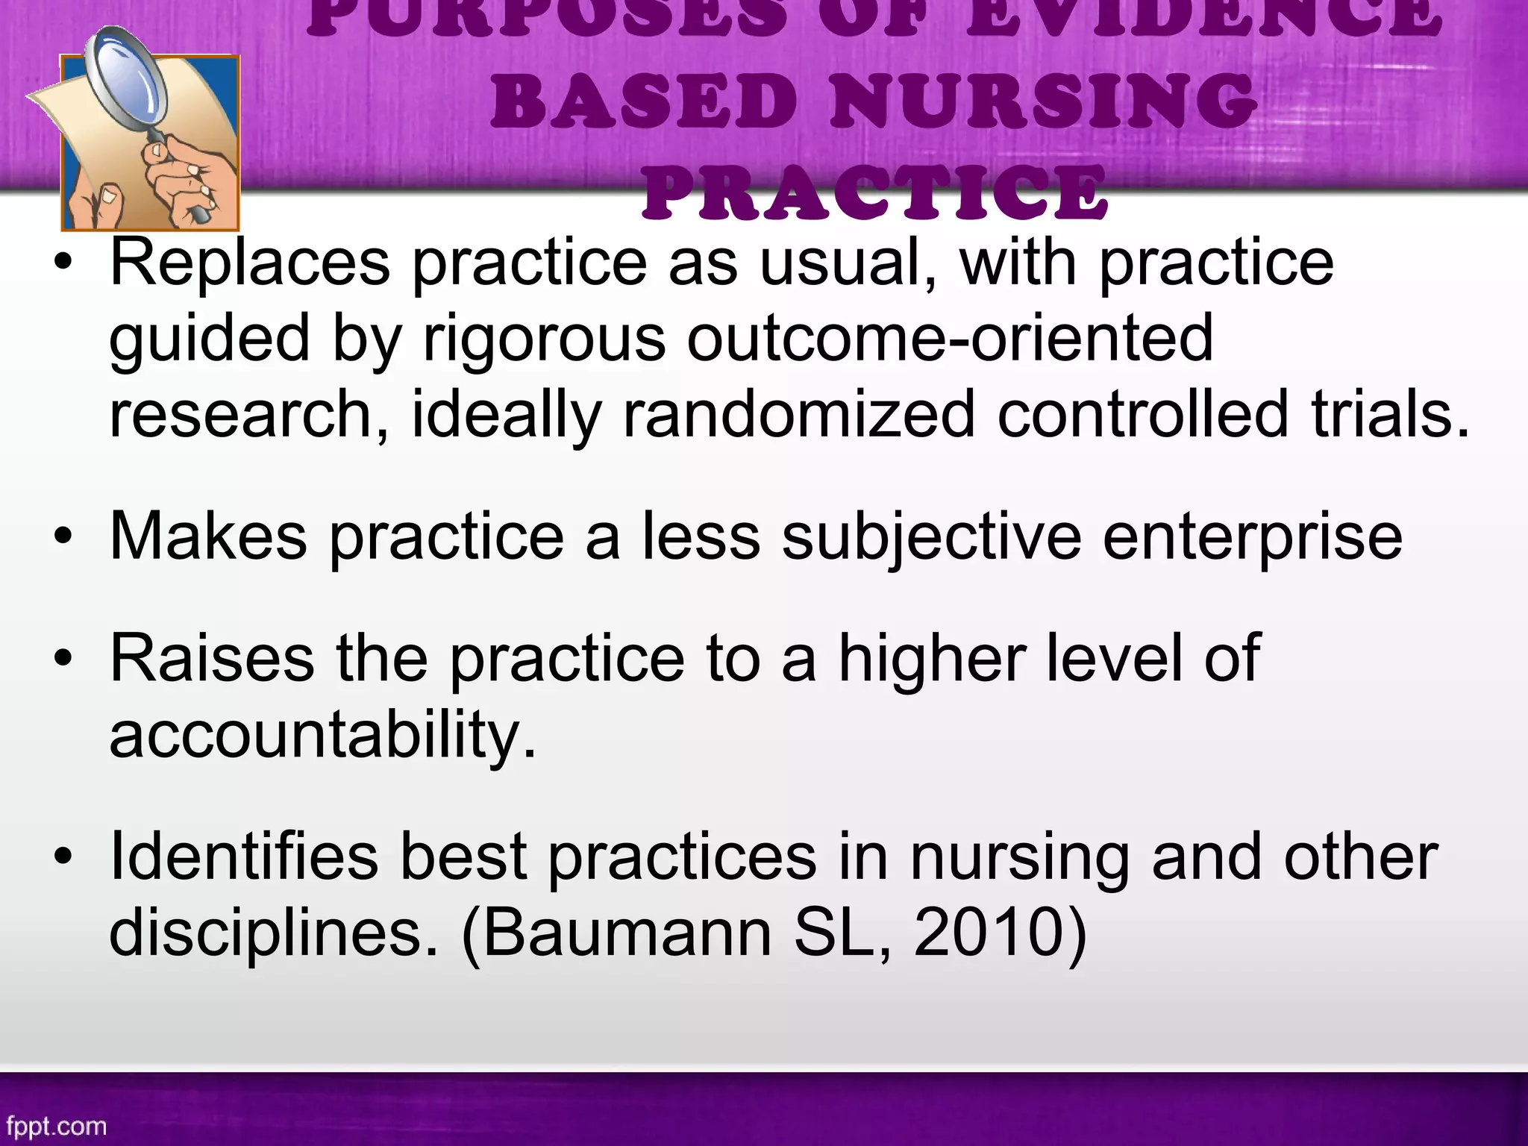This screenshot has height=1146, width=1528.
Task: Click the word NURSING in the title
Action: (x=1043, y=101)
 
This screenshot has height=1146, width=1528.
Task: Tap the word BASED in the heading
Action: (x=643, y=101)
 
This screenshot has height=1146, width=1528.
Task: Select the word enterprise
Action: (x=1253, y=538)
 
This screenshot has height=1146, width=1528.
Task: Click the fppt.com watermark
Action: (x=57, y=1126)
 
